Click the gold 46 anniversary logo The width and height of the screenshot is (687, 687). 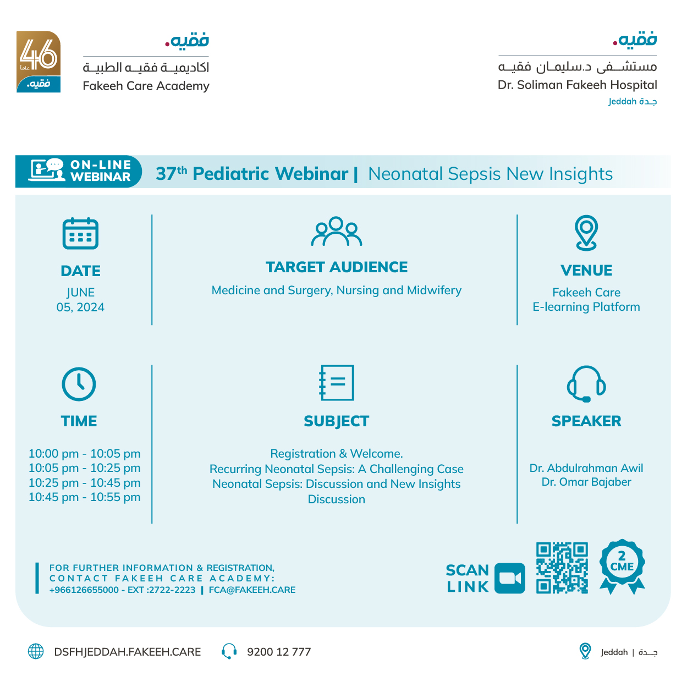pos(39,61)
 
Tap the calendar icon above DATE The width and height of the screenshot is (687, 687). pos(80,233)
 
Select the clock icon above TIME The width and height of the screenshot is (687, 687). pos(79,384)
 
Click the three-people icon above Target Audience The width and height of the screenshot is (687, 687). pos(337,232)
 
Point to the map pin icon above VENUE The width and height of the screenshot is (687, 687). pos(586,233)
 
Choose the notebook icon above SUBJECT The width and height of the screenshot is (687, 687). pos(337,383)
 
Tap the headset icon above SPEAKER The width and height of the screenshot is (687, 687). pos(586,384)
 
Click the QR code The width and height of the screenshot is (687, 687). pos(562,568)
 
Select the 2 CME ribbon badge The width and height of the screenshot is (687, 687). pos(622,566)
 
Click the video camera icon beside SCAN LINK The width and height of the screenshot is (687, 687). pos(509,578)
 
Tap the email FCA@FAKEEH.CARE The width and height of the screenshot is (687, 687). pos(252,590)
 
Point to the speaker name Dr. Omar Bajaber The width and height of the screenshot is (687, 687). pos(586,482)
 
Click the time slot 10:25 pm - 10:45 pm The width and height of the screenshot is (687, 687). pos(85,483)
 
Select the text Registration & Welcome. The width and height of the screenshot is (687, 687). pos(337,454)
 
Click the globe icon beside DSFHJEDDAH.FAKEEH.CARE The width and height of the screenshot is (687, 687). pos(36,652)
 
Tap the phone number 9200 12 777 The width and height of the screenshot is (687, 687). pos(279,652)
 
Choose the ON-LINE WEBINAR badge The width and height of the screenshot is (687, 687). pos(79,171)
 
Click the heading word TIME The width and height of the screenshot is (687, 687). pos(79,421)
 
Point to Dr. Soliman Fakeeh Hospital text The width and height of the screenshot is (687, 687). pos(577,85)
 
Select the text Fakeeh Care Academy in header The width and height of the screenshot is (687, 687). pos(146,86)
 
